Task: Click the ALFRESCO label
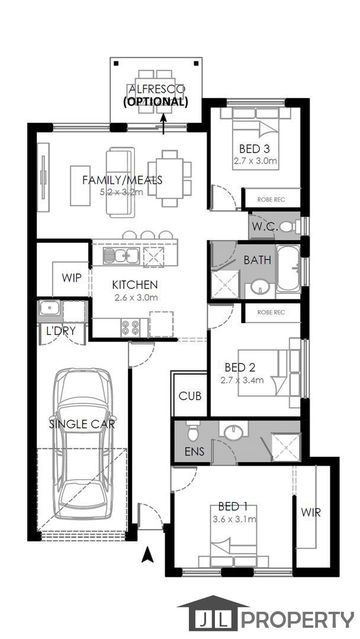(156, 89)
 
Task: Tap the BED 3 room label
(255, 149)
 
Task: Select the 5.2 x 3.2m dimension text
(121, 192)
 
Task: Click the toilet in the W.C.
(289, 226)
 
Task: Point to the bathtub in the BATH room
(288, 269)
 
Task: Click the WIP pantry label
(72, 278)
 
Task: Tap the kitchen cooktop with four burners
(130, 327)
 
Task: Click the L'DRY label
(61, 331)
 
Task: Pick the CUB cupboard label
(190, 396)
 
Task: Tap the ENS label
(194, 451)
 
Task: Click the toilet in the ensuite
(193, 431)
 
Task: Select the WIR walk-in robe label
(311, 512)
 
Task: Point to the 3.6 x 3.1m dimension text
(234, 519)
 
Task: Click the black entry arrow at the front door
(147, 555)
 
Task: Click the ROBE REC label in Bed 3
(271, 200)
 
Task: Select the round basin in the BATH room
(260, 287)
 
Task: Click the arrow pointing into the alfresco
(163, 124)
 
